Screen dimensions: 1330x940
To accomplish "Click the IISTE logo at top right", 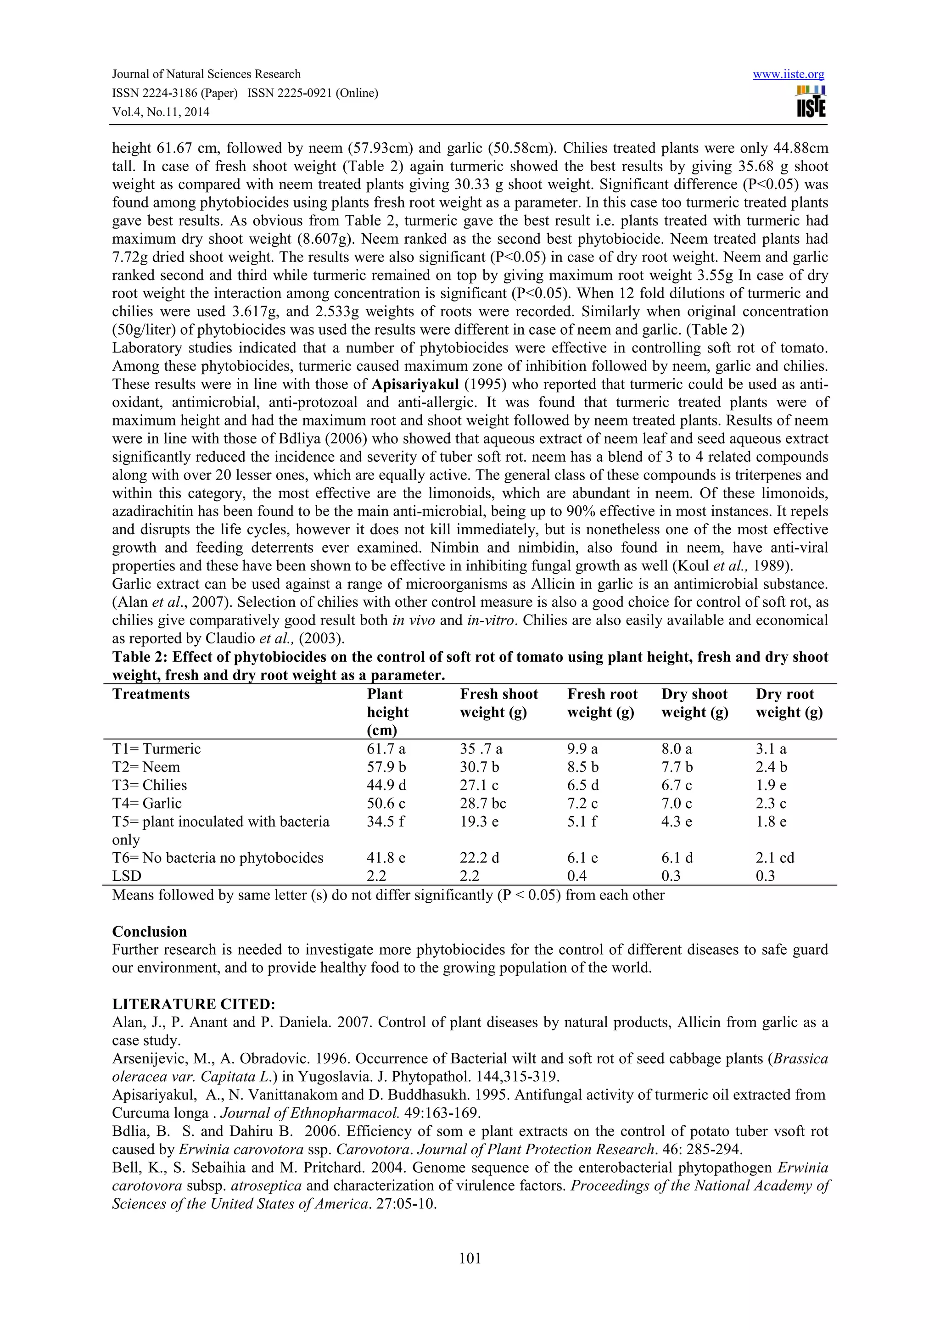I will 811,102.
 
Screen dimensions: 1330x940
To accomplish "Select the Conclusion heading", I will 150,932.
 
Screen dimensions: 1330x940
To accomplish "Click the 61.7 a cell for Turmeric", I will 386,749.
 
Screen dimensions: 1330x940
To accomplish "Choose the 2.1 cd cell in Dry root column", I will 775,858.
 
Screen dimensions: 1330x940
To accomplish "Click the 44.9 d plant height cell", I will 387,786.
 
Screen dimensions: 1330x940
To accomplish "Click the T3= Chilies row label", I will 150,786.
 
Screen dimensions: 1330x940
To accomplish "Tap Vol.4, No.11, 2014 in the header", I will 161,112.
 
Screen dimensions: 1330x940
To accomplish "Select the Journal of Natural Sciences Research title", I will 206,74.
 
